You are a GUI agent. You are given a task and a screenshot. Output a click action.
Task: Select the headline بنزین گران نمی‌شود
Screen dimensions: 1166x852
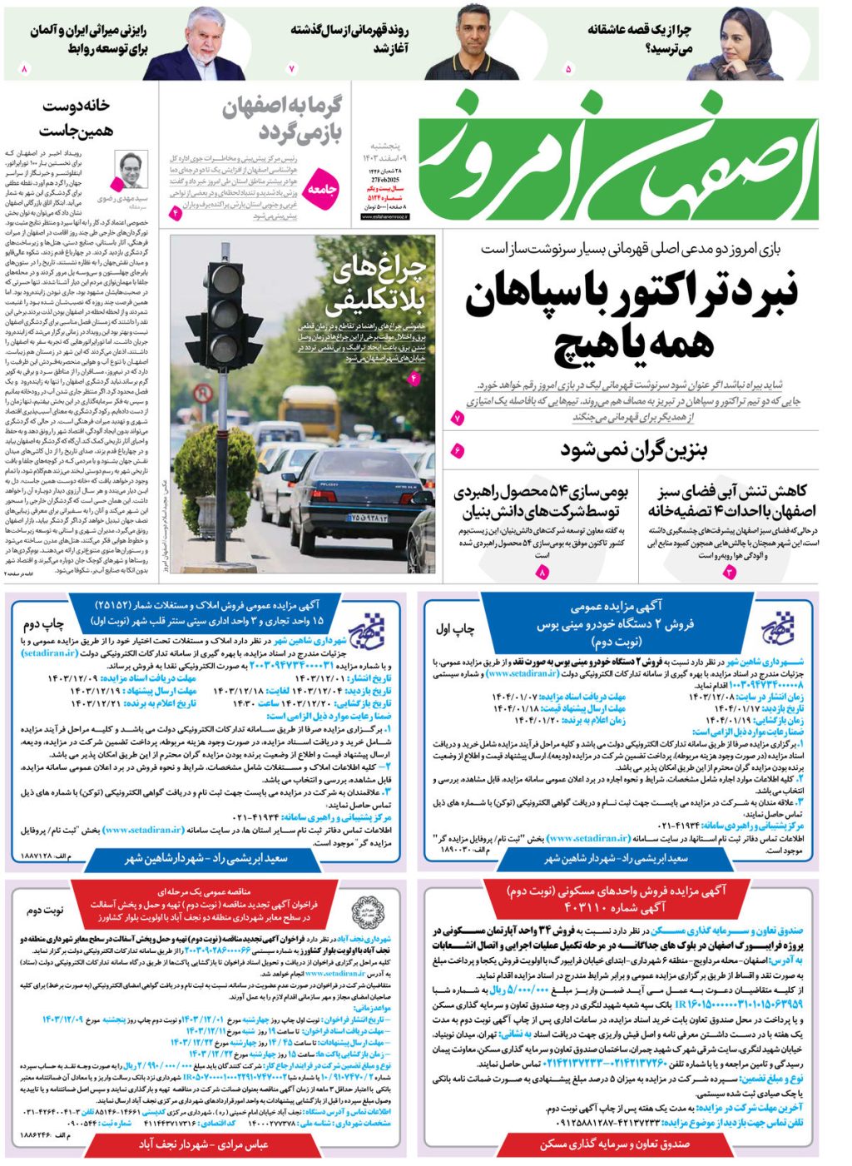tap(633, 450)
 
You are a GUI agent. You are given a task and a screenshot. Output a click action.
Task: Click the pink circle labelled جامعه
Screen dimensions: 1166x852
tap(323, 191)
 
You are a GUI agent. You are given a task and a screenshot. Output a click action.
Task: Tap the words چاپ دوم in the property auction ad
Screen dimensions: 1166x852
tap(42, 623)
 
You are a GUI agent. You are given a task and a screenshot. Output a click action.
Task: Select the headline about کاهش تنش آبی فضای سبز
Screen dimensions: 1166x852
tap(731, 500)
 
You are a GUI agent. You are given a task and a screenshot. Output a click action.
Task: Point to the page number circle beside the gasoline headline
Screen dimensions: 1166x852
tap(458, 451)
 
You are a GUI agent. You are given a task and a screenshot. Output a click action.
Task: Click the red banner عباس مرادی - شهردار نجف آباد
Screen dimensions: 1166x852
tap(203, 1144)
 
